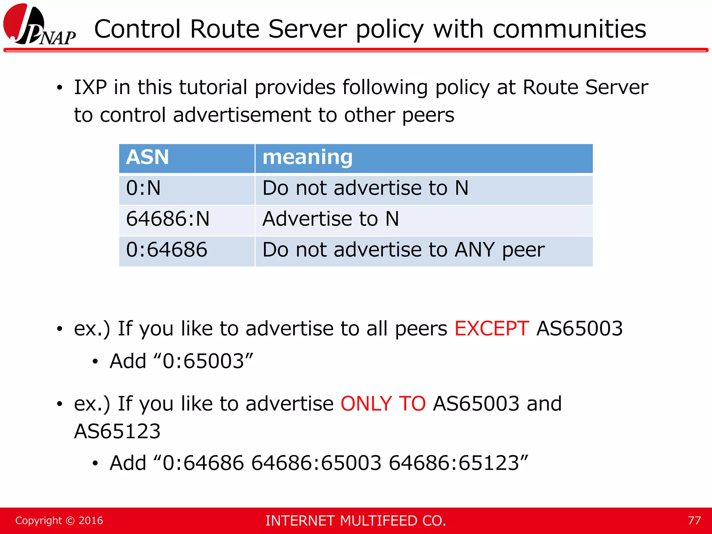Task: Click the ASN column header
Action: pyautogui.click(x=147, y=157)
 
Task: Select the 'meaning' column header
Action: pyautogui.click(x=307, y=157)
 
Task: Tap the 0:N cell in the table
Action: pyautogui.click(x=143, y=188)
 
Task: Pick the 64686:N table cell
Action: pyautogui.click(x=168, y=219)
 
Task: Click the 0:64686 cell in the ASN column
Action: pyautogui.click(x=167, y=250)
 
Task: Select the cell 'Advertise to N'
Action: pyautogui.click(x=330, y=219)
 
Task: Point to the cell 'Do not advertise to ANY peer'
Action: pyautogui.click(x=403, y=250)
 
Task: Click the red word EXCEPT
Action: pyautogui.click(x=492, y=328)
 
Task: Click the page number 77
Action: pyautogui.click(x=694, y=520)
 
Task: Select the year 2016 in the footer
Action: pyautogui.click(x=91, y=520)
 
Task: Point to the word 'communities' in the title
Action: pyautogui.click(x=569, y=29)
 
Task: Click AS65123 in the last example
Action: pyautogui.click(x=117, y=431)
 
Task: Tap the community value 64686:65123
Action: pyautogui.click(x=454, y=463)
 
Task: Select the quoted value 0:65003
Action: pyautogui.click(x=203, y=361)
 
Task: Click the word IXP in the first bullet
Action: pyautogui.click(x=90, y=87)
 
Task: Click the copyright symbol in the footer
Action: pyautogui.click(x=70, y=521)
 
